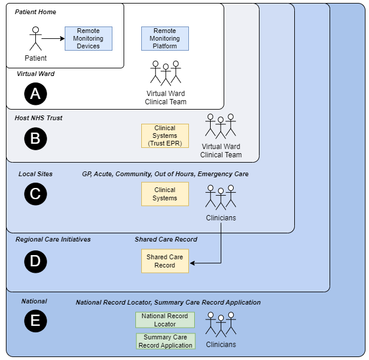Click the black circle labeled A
coord(35,93)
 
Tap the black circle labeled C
coord(35,194)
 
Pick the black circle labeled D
coord(35,261)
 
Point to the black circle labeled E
coord(35,321)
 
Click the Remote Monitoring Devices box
coord(88,38)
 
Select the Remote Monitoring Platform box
coord(165,38)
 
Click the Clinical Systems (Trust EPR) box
coord(165,136)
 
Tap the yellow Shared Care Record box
coord(165,261)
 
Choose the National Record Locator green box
coord(165,320)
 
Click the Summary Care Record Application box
coord(165,341)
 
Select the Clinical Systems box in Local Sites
coord(165,194)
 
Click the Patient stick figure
coord(35,39)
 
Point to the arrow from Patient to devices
coord(53,39)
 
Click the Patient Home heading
coord(35,12)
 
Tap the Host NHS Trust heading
coord(38,118)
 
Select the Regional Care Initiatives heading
coord(53,239)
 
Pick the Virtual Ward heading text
coord(35,74)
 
